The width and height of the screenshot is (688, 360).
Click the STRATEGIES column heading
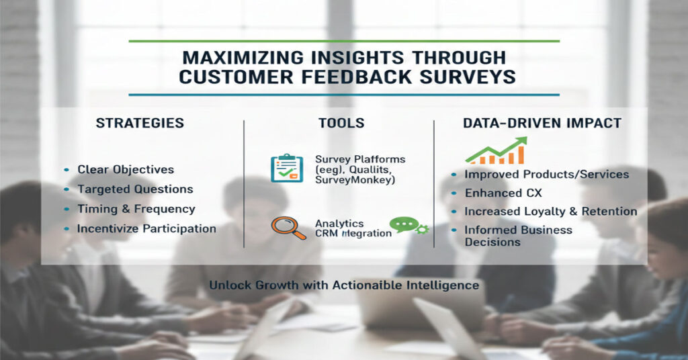click(x=140, y=123)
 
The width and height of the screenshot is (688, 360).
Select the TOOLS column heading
click(x=342, y=123)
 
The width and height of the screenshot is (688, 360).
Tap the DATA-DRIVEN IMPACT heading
click(x=542, y=123)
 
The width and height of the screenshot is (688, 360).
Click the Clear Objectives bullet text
click(x=126, y=170)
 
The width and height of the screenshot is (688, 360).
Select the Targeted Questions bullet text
click(x=135, y=189)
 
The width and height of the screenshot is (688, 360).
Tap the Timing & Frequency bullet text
click(x=136, y=209)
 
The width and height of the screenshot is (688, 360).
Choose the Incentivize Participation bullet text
click(x=146, y=228)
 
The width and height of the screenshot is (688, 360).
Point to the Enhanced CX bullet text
click(x=503, y=193)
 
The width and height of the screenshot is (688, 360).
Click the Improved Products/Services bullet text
click(x=546, y=174)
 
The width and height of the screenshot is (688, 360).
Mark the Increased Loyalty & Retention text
click(x=550, y=211)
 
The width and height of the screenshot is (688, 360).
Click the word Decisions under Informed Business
click(x=492, y=242)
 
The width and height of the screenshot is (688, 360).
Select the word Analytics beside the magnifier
click(x=339, y=223)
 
